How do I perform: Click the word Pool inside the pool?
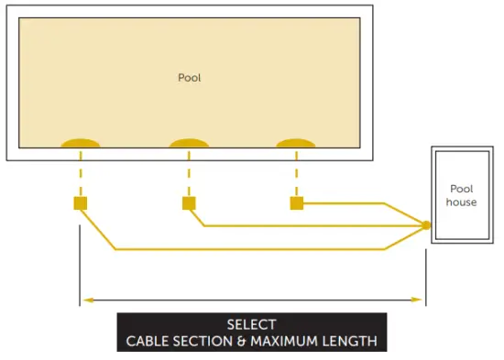189,78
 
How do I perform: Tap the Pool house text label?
462,195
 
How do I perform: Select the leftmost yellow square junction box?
81,202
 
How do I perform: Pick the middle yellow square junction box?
189,202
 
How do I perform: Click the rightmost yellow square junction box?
296,202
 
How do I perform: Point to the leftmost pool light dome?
81,143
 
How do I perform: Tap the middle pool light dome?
189,143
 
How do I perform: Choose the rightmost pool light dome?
296,143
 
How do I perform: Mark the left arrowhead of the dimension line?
86,300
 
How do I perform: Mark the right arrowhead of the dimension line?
421,300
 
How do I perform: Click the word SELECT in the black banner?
251,324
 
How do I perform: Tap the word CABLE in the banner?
146,342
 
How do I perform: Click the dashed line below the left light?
81,173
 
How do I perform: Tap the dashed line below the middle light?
189,173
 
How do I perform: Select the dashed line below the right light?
296,173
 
